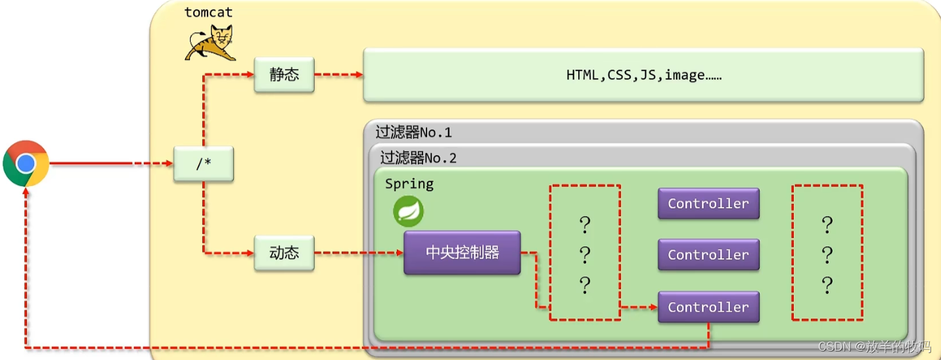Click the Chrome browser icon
pyautogui.click(x=26, y=164)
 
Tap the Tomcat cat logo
pyautogui.click(x=210, y=43)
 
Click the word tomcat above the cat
pyautogui.click(x=208, y=12)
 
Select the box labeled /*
pyautogui.click(x=204, y=164)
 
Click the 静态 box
pyautogui.click(x=284, y=74)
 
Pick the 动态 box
pyautogui.click(x=284, y=253)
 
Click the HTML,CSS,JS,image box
pyautogui.click(x=643, y=75)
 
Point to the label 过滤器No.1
pyautogui.click(x=413, y=133)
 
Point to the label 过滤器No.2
pyautogui.click(x=418, y=158)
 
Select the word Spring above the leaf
pyautogui.click(x=409, y=184)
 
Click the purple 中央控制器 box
pyautogui.click(x=462, y=252)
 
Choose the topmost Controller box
pyautogui.click(x=708, y=204)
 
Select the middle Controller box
pyautogui.click(x=708, y=255)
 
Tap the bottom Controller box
pyautogui.click(x=708, y=307)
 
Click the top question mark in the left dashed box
pyautogui.click(x=585, y=225)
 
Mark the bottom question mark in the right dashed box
pyautogui.click(x=827, y=285)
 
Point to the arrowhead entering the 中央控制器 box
pyautogui.click(x=400, y=253)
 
